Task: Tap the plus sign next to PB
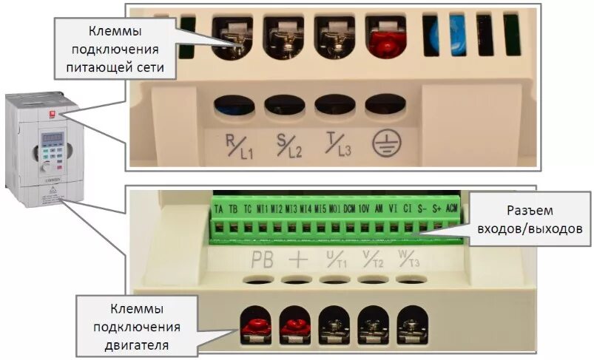[x=297, y=259]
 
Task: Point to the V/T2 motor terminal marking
[x=374, y=259]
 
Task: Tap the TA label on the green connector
[x=219, y=208]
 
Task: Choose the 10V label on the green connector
[x=364, y=208]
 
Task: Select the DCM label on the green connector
[x=350, y=208]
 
